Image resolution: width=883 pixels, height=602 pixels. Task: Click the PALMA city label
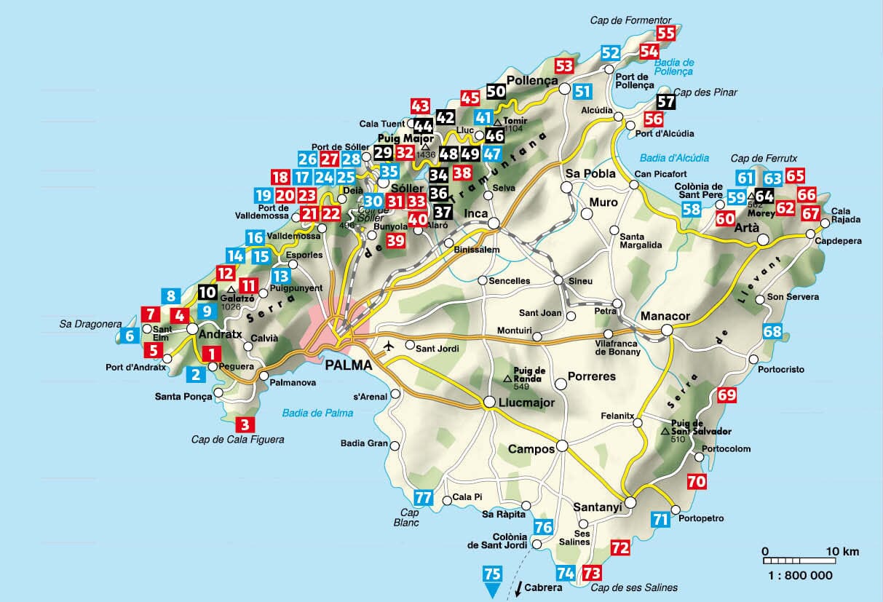click(x=344, y=365)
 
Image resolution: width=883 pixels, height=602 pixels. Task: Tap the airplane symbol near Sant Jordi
click(x=390, y=345)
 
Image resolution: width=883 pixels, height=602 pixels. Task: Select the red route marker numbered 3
click(x=245, y=424)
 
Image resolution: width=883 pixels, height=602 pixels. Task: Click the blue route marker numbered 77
click(x=423, y=499)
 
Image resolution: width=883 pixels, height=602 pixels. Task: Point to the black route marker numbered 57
click(x=666, y=102)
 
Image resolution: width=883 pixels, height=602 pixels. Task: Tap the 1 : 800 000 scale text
click(x=799, y=574)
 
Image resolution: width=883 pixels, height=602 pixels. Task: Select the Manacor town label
click(x=665, y=317)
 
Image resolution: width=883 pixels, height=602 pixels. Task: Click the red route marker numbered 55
click(x=666, y=33)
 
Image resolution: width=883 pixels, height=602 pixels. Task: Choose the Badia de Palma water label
click(x=317, y=413)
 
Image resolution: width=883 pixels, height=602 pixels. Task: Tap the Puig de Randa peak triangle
click(x=508, y=379)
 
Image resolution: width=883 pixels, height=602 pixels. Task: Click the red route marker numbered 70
click(x=697, y=481)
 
